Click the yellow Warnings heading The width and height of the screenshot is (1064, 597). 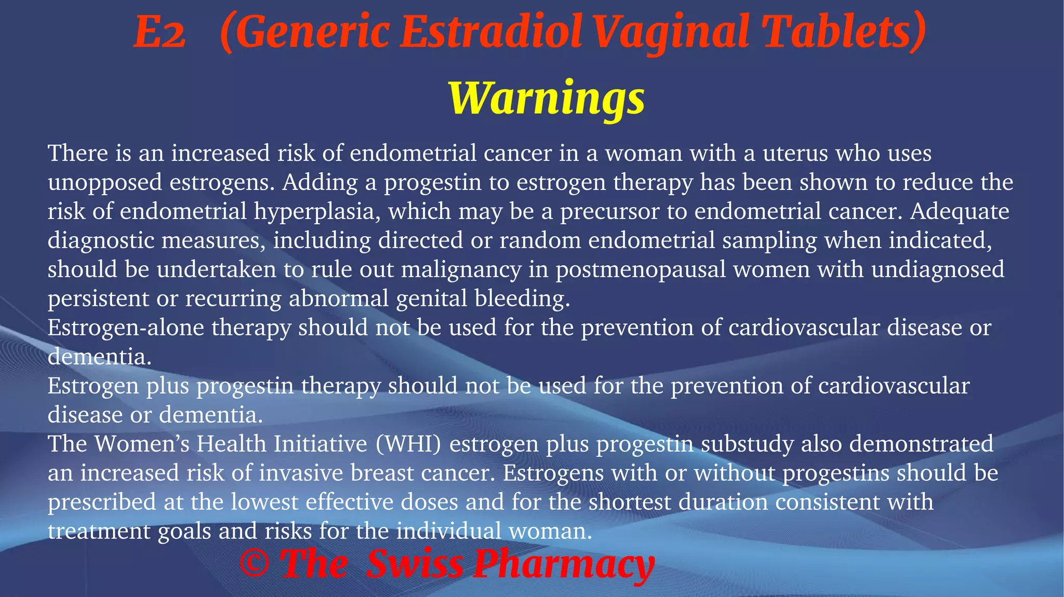point(547,98)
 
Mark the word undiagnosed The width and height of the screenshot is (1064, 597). point(938,269)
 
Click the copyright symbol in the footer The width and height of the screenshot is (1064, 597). point(254,564)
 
